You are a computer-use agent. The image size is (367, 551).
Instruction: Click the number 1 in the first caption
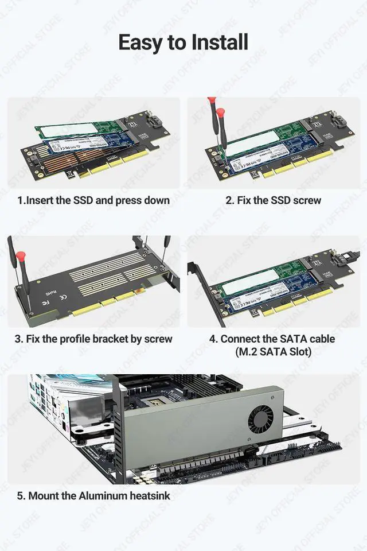point(19,200)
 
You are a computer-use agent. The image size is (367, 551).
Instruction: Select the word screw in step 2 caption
point(306,200)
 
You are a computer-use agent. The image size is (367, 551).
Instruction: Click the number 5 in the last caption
point(19,495)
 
